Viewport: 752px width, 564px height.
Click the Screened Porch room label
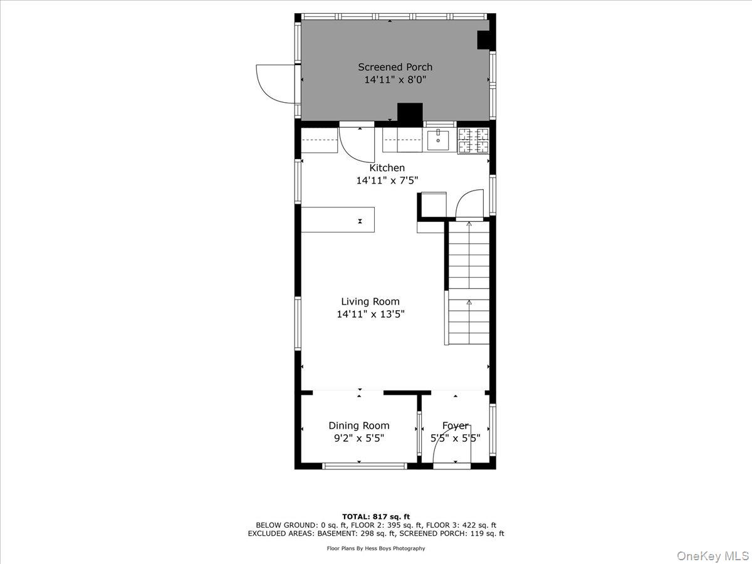tap(395, 67)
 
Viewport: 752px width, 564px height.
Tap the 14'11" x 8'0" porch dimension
tap(395, 80)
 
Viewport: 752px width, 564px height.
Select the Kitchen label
tap(387, 168)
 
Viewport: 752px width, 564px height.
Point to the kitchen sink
tap(438, 140)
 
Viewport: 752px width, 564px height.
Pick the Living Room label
tap(370, 301)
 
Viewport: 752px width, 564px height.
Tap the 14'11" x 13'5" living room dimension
tap(370, 315)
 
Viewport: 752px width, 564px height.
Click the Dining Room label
tap(358, 426)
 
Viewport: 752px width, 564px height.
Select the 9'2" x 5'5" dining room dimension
tap(358, 439)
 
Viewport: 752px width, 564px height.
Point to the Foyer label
tap(455, 426)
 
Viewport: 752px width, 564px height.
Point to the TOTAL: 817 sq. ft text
tap(375, 516)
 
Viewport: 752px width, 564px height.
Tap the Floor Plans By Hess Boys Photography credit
tap(375, 548)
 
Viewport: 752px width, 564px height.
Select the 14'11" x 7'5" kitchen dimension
tap(387, 180)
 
